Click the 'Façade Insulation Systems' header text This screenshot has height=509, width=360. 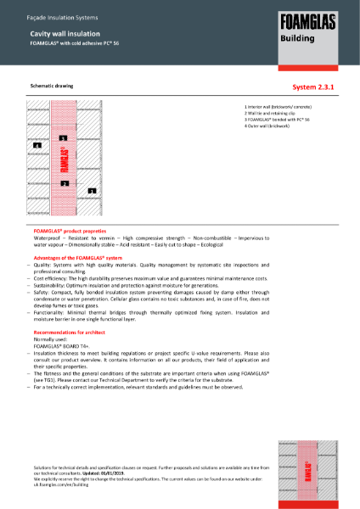point(50,11)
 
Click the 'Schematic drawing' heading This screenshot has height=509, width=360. point(52,87)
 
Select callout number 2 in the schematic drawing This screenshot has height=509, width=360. point(64,183)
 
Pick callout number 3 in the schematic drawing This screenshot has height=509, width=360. point(64,137)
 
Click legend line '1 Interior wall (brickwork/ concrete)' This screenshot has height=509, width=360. point(278,108)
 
